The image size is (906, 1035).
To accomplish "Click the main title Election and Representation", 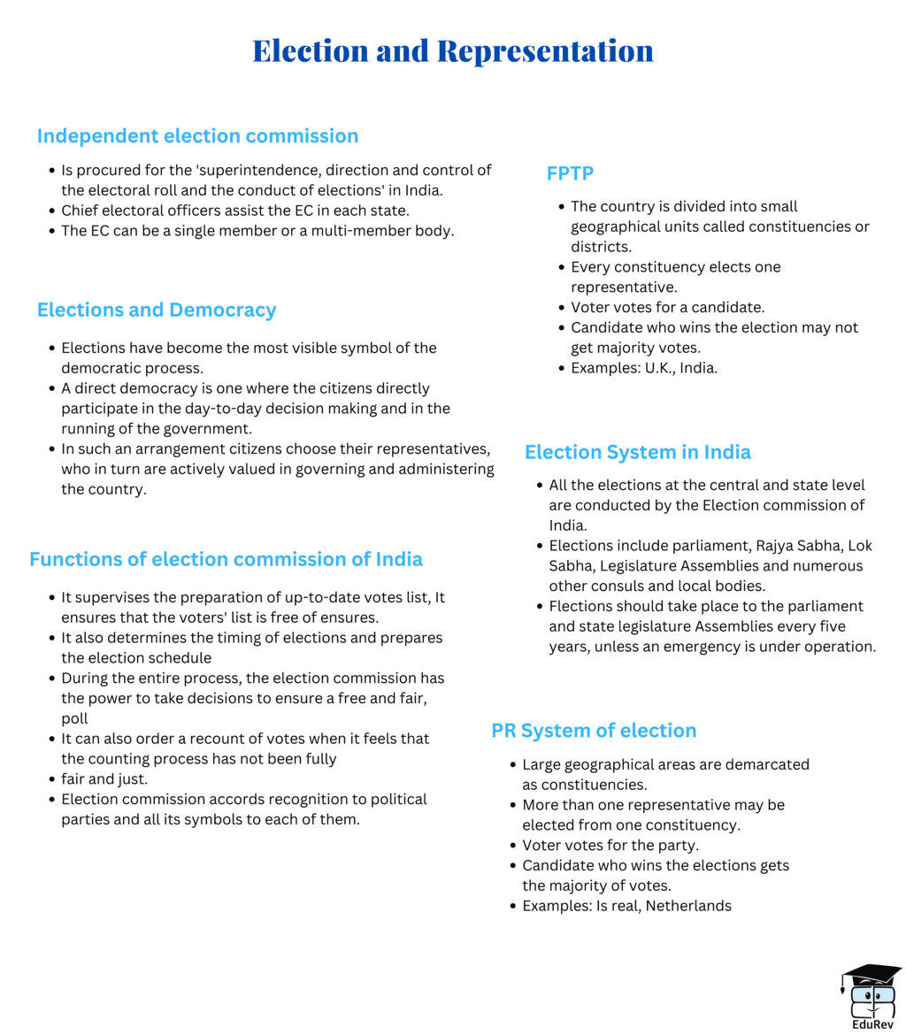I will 452,50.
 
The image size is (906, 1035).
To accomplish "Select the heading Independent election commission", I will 197,136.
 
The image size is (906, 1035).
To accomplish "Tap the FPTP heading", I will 570,173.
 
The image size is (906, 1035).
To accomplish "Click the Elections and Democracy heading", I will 157,310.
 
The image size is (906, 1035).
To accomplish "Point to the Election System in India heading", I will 637,452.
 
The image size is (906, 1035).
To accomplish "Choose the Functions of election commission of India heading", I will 226,559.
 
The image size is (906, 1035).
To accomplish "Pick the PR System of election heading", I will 594,731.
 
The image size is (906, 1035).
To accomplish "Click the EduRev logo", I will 871,994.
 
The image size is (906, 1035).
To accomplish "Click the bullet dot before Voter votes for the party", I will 513,846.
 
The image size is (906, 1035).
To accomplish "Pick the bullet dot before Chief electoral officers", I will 52,211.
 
